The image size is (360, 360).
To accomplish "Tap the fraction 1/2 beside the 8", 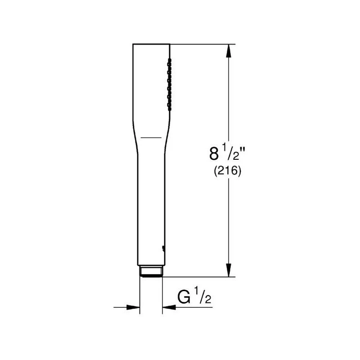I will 229,153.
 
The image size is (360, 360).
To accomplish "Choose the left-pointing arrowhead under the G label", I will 168,307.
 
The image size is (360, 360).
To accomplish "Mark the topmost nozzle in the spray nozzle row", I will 169,59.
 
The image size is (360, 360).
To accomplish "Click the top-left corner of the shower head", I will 133,44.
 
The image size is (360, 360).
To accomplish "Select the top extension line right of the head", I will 202,44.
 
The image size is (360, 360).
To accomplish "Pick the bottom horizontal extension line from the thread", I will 198,277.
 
